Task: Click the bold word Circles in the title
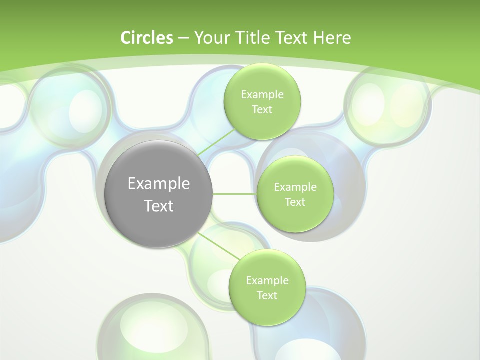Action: click(x=146, y=38)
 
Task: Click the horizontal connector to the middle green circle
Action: click(x=234, y=194)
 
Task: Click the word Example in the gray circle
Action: click(x=159, y=184)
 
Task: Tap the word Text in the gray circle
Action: click(x=159, y=206)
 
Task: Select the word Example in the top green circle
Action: click(x=262, y=94)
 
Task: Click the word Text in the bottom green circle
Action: click(x=267, y=295)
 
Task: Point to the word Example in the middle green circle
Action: click(x=295, y=187)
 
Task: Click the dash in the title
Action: click(x=183, y=38)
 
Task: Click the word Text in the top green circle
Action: click(x=262, y=109)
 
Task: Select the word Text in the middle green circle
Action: click(x=295, y=202)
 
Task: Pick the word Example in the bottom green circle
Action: click(x=267, y=280)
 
